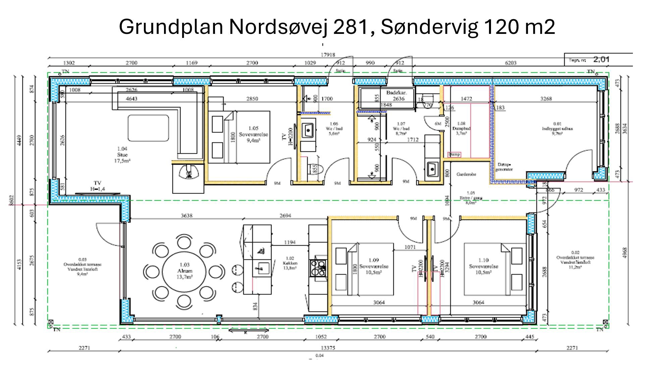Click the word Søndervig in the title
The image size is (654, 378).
point(429,27)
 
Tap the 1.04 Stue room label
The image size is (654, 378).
point(122,155)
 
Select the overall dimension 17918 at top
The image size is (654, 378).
point(328,55)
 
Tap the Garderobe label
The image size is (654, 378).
point(466,174)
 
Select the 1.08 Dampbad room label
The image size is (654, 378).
point(461,128)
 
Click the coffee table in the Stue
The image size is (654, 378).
point(148,128)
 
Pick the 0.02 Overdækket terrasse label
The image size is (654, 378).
point(575,260)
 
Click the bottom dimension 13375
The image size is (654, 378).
point(328,348)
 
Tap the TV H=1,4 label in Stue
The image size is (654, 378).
point(97,186)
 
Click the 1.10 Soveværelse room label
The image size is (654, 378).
point(483,266)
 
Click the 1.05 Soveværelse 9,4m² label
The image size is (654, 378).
point(254,134)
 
